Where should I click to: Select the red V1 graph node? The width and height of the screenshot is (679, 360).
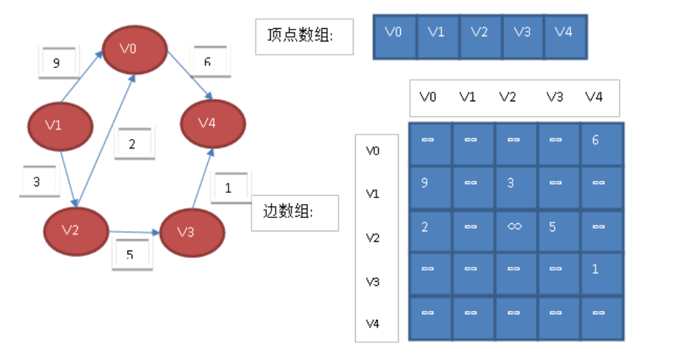(60, 126)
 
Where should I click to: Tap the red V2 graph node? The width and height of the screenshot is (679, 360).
(76, 230)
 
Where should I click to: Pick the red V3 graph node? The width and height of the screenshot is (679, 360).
(192, 233)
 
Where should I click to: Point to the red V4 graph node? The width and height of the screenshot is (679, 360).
(212, 123)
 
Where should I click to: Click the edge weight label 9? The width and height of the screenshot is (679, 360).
(58, 63)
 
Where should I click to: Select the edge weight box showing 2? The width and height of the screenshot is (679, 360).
(133, 144)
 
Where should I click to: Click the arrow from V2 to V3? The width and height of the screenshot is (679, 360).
(134, 232)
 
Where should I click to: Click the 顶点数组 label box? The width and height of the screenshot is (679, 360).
(304, 36)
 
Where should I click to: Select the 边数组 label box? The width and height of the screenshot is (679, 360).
(294, 212)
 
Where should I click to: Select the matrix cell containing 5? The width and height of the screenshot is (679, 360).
(558, 232)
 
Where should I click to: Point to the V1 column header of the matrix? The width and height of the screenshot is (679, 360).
(467, 98)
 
